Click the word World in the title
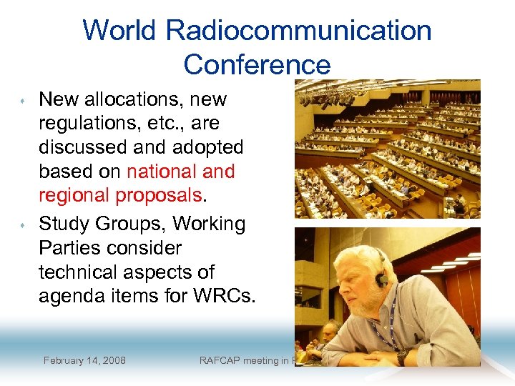pyautogui.click(x=119, y=31)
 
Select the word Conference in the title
pyautogui.click(x=257, y=64)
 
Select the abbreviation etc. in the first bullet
pyautogui.click(x=160, y=123)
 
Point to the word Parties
pyautogui.click(x=74, y=248)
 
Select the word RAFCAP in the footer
pyautogui.click(x=224, y=360)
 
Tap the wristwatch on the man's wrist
pyautogui.click(x=403, y=355)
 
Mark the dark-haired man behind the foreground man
pyautogui.click(x=330, y=330)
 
